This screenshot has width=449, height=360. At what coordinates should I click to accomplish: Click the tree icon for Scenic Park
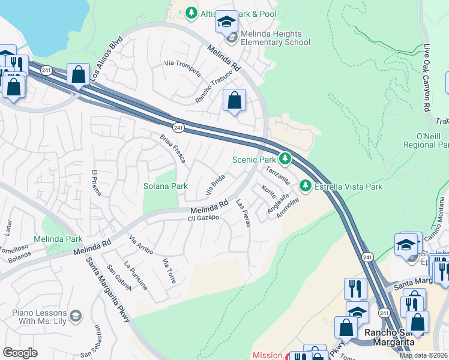coord(286,160)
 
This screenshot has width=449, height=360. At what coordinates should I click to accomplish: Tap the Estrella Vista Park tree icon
coord(306,186)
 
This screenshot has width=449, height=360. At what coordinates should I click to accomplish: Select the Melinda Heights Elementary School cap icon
coord(226,22)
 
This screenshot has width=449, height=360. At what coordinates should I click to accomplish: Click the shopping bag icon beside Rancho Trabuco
coord(234,100)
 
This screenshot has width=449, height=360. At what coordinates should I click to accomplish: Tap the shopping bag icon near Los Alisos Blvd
coord(78,74)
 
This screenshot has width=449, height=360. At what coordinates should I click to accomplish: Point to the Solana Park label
coord(166,187)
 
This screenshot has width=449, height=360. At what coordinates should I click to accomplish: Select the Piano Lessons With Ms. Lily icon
coord(76,315)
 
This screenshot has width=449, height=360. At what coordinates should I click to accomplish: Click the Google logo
coord(20,353)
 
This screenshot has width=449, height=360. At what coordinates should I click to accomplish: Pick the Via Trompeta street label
coord(181,64)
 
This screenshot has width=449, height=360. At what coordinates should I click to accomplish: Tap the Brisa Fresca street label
coord(173,149)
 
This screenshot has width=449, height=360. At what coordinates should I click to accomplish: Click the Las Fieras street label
coord(243,212)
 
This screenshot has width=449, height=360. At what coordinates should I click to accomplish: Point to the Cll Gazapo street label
coord(202,217)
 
